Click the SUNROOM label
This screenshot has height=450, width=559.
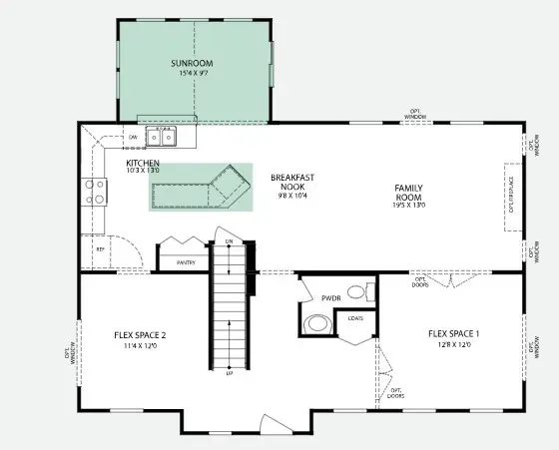click(x=192, y=64)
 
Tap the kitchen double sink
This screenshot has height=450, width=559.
click(x=160, y=135)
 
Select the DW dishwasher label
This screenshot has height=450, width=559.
click(x=132, y=137)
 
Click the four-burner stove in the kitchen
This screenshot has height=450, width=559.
click(x=94, y=191)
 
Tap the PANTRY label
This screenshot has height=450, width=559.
click(x=185, y=262)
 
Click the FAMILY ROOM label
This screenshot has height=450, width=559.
click(x=409, y=195)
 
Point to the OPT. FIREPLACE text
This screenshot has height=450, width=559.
click(x=511, y=195)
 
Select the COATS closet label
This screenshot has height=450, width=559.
click(x=354, y=319)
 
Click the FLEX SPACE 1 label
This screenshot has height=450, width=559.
click(x=454, y=333)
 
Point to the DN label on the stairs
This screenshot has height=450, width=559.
click(x=229, y=242)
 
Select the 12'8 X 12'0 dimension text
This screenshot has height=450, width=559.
click(x=454, y=345)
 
